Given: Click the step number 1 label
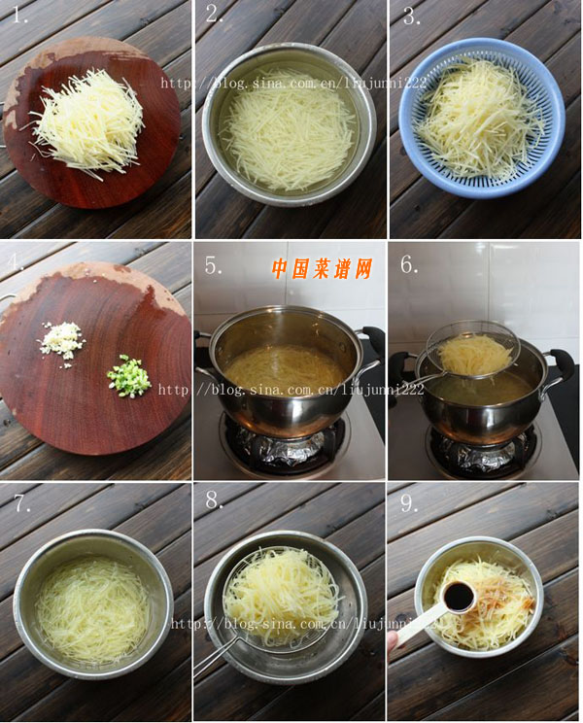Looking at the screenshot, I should point(19,15).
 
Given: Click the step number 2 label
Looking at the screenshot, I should point(215,15).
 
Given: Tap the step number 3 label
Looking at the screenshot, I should point(411,16).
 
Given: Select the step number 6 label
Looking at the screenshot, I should point(409,263).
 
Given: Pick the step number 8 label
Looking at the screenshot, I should point(215,502).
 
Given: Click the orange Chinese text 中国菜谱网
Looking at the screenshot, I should point(321,269).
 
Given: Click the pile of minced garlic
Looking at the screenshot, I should point(62,339).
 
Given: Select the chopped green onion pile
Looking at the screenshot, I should point(129,375).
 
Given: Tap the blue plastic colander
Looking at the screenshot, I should point(481,117).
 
